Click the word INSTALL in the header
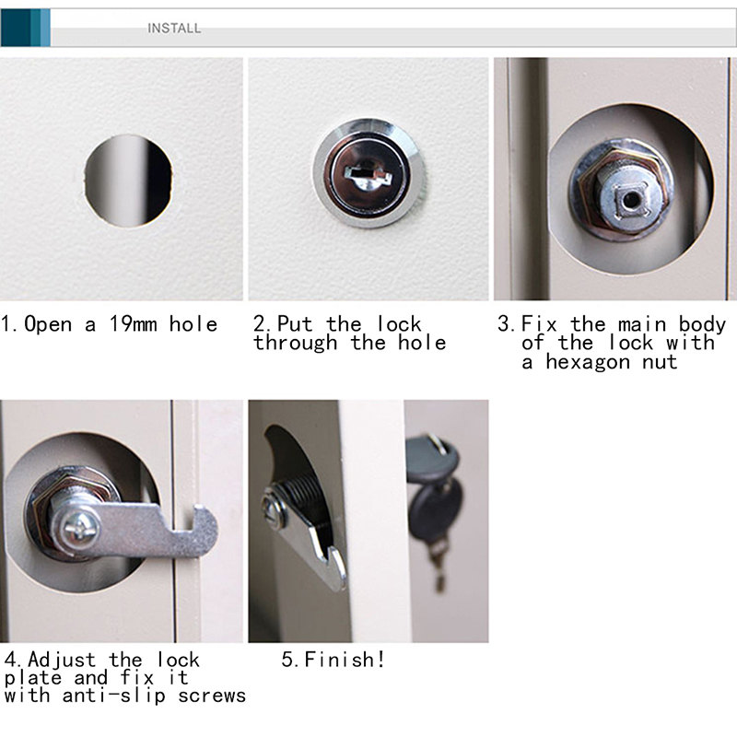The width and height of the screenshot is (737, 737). pos(174,29)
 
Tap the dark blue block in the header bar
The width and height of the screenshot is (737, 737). pos(16,28)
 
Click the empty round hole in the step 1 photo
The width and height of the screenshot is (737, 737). pos(128,181)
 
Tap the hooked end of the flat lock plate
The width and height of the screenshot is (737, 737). pos(203,531)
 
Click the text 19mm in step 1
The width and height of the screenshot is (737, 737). pos(133,324)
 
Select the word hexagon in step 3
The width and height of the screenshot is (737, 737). pos(588,363)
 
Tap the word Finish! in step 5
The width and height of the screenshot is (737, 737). pos(345,659)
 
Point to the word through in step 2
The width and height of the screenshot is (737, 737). pos(295,343)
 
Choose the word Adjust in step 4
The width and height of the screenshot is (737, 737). pos(62,661)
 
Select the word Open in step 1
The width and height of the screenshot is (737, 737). pos(48,324)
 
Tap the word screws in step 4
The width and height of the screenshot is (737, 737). pos(212,696)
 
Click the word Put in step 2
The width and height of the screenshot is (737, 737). pos(295,324)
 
